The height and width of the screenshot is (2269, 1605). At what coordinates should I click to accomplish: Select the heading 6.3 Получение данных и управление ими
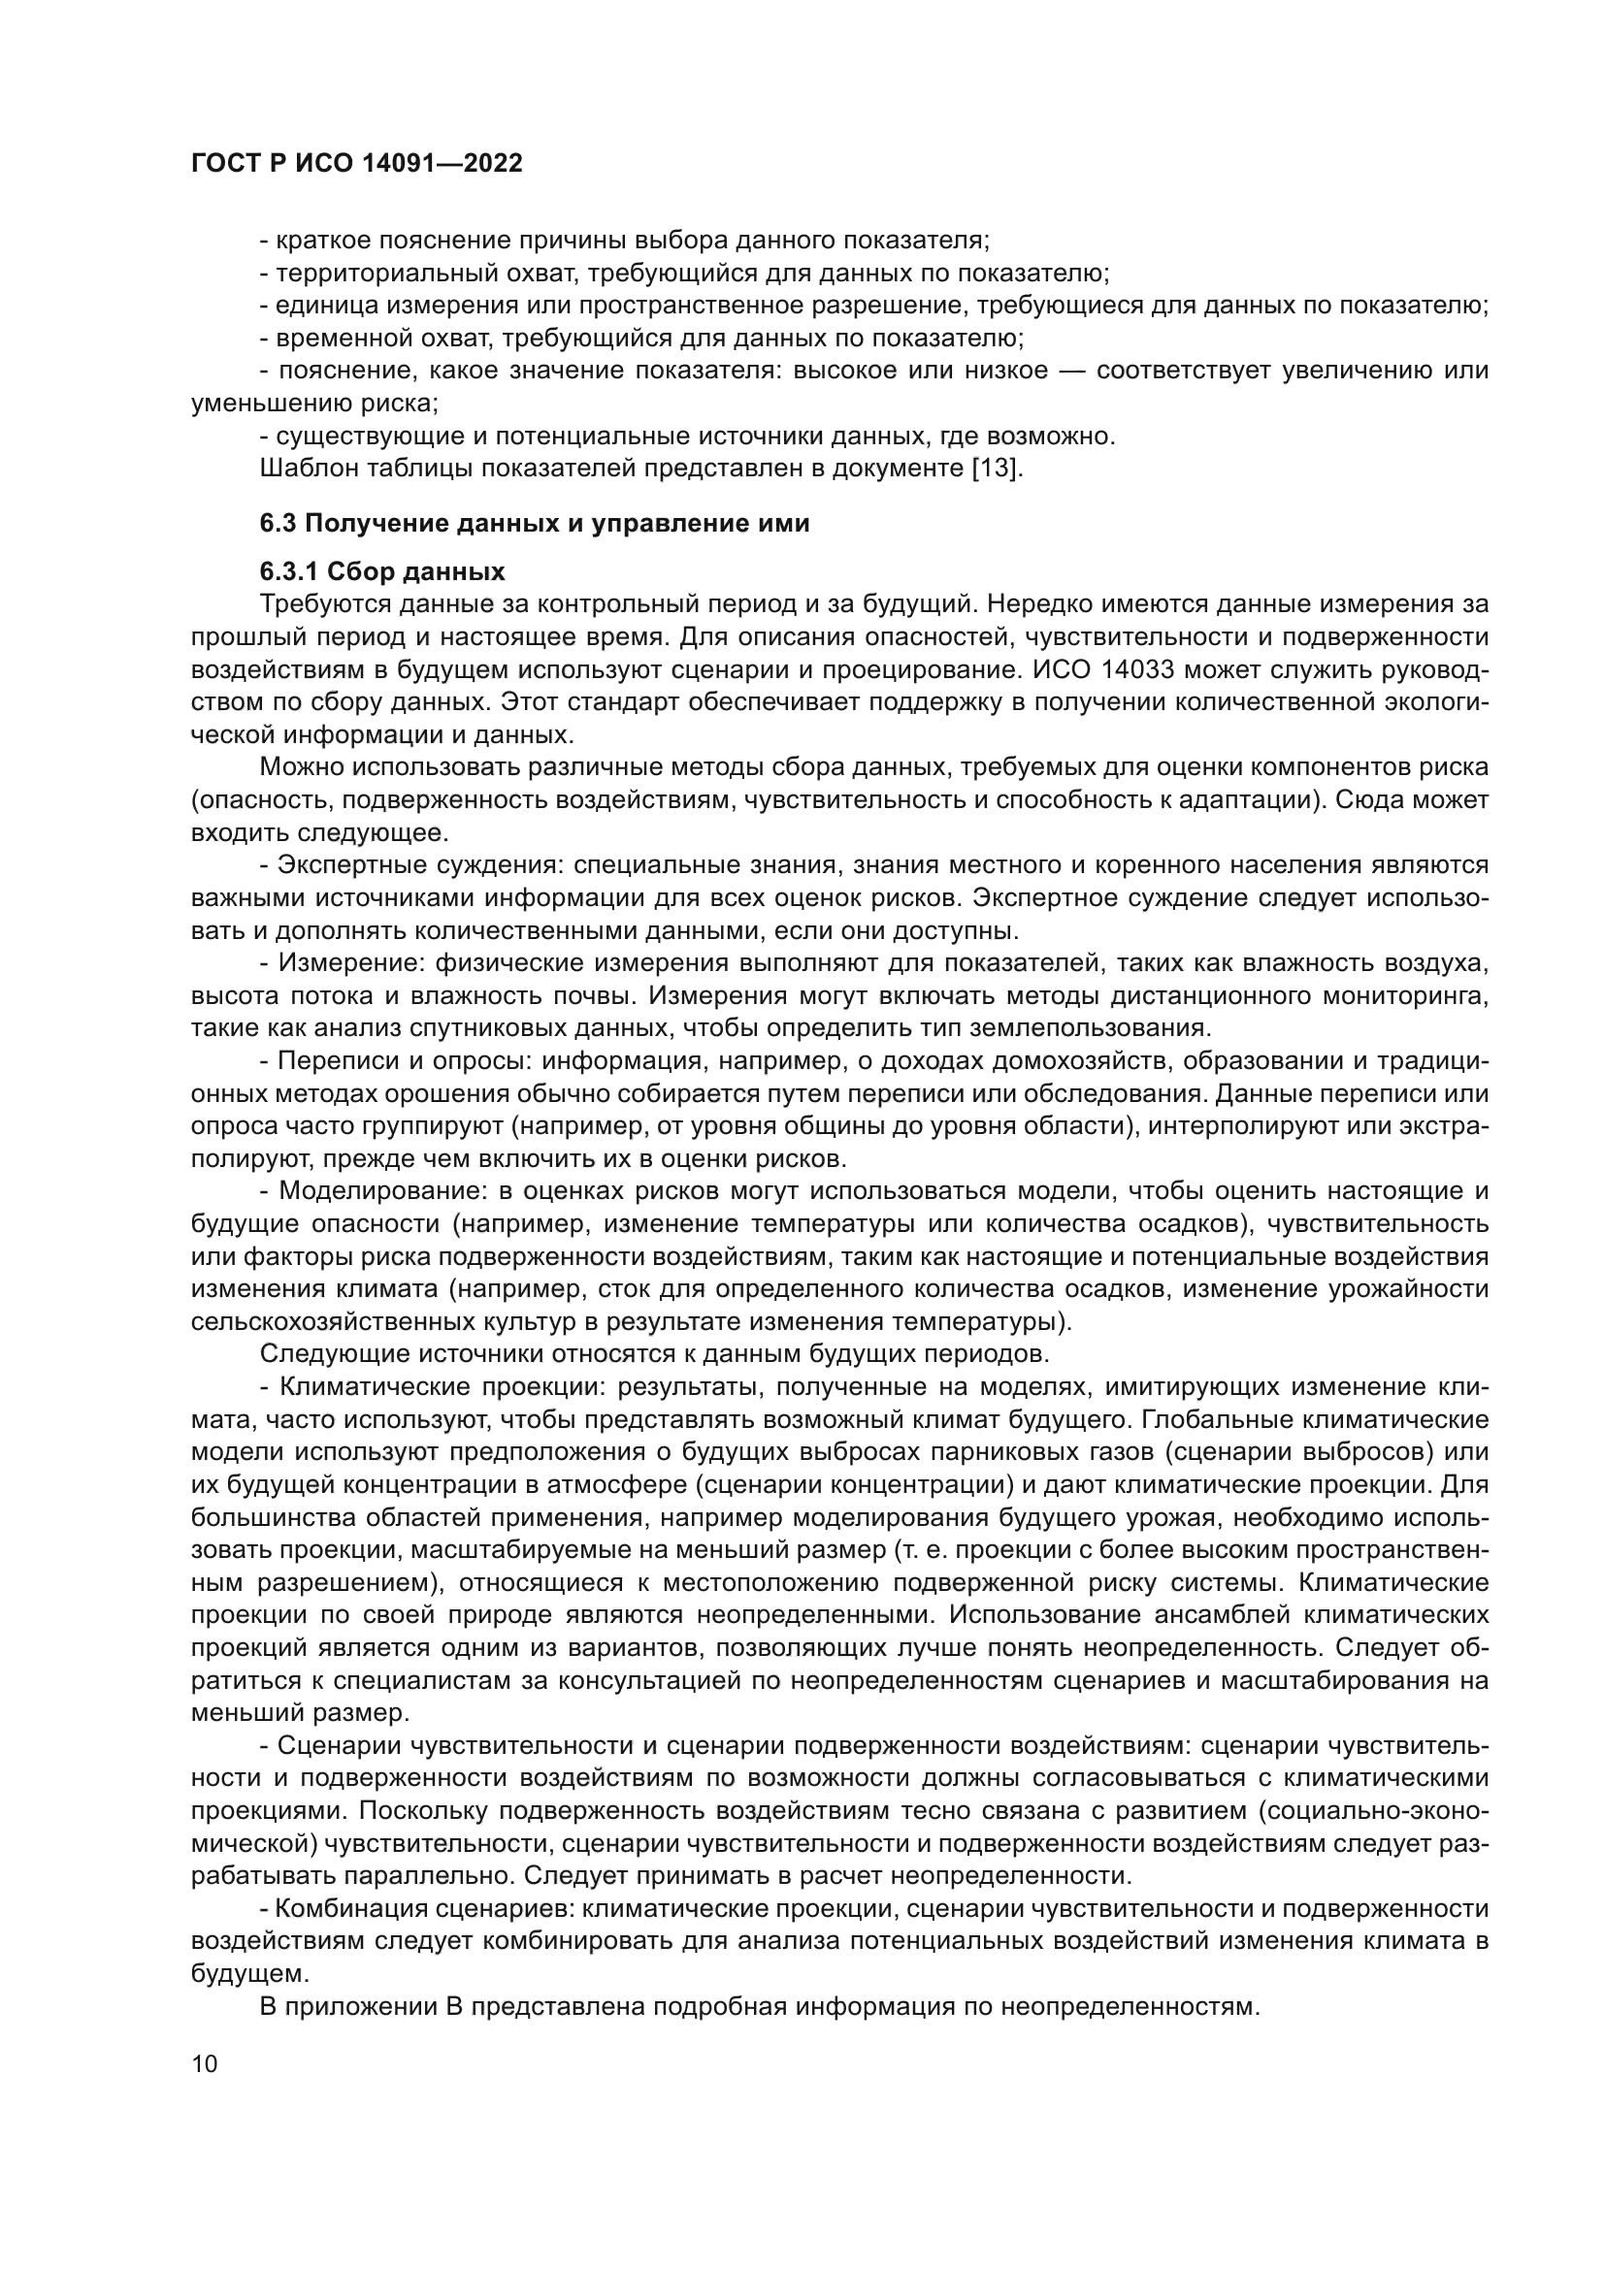(534, 524)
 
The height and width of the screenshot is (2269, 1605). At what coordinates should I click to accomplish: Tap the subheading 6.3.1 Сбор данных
(381, 571)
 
